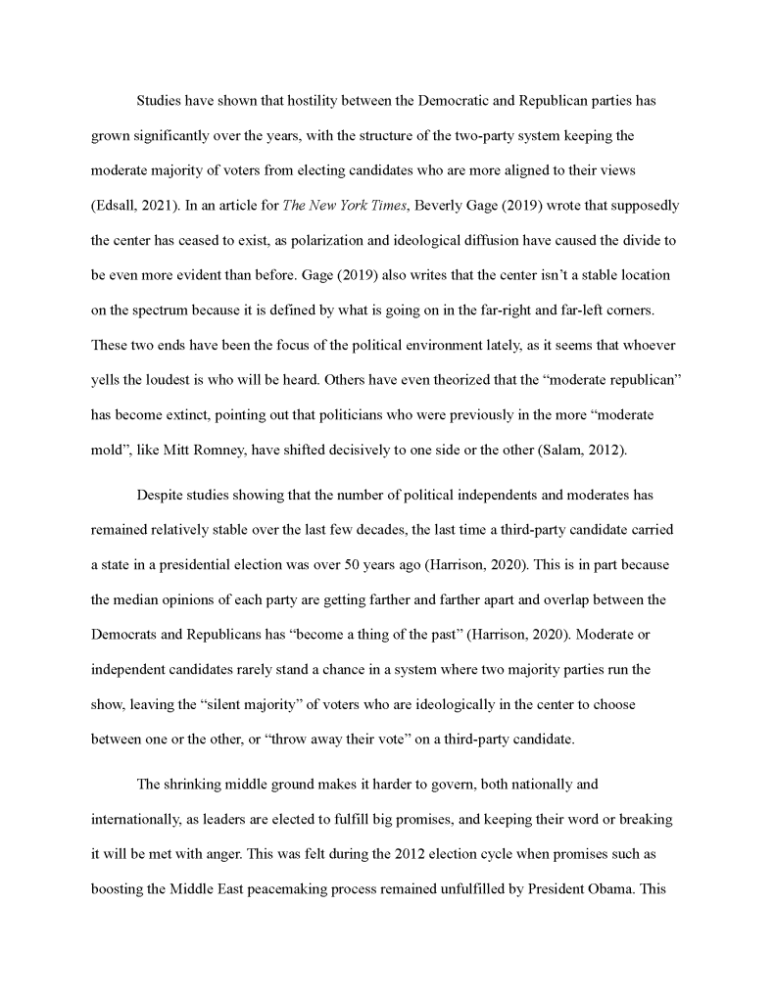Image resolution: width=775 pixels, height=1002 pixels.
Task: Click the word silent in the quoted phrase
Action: tap(299, 704)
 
